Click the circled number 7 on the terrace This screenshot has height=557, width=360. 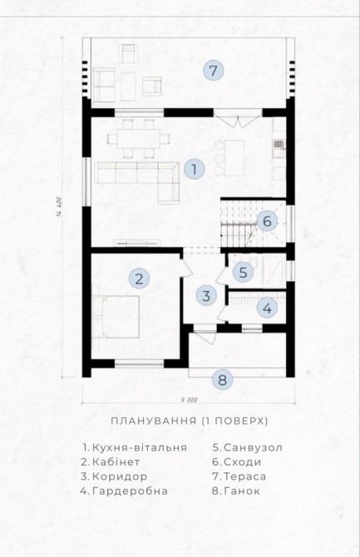(213, 71)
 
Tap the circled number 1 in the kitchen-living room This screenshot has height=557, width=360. (194, 169)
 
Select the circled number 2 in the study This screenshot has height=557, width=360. (139, 278)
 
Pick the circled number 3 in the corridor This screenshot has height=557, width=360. (206, 296)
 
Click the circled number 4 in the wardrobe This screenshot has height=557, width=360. (267, 308)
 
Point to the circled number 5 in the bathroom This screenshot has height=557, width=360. (243, 273)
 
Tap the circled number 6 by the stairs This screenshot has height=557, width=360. (267, 221)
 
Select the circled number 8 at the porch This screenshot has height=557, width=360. (222, 380)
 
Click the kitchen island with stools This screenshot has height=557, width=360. (234, 158)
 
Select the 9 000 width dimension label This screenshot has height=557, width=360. (189, 401)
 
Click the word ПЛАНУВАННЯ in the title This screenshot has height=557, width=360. (154, 421)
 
